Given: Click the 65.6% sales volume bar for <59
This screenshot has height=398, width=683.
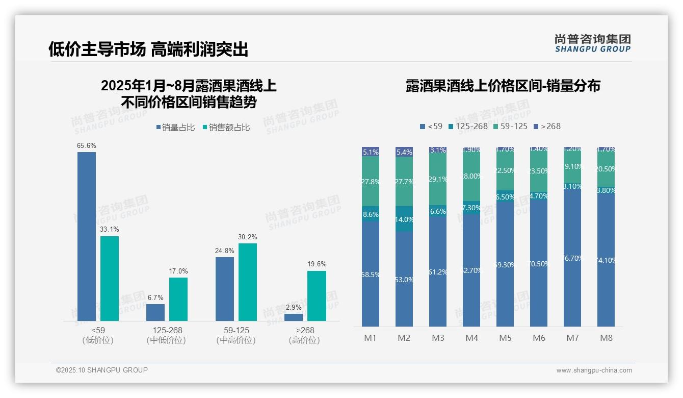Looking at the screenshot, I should tap(87, 236).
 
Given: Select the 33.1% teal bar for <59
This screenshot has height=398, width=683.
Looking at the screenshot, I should tap(110, 278).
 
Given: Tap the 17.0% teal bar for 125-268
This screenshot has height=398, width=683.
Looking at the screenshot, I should tap(178, 299).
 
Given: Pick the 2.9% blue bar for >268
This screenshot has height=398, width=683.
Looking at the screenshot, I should tap(294, 317).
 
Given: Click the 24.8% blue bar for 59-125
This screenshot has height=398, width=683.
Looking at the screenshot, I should tap(225, 289).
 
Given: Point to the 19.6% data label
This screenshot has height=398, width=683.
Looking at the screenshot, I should tap(317, 264).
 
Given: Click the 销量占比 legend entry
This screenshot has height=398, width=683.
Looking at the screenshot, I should tap(175, 128).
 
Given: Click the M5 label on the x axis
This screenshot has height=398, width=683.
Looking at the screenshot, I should tap(505, 338).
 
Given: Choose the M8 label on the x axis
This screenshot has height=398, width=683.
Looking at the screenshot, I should tap(606, 338).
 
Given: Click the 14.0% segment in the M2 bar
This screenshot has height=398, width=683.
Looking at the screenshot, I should tap(404, 219).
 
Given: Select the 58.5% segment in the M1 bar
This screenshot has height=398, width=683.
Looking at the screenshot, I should tap(371, 274).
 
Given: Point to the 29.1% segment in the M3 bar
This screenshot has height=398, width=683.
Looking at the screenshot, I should tap(438, 179).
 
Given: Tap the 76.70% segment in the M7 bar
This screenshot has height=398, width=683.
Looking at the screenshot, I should tap(572, 258).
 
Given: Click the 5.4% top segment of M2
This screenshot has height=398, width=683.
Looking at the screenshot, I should tap(404, 152).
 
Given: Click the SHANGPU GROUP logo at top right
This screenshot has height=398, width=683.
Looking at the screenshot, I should tap(592, 43).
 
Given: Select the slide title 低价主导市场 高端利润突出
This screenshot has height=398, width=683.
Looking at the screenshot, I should tap(148, 49).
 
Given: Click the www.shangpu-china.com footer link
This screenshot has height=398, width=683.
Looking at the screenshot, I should tap(594, 370).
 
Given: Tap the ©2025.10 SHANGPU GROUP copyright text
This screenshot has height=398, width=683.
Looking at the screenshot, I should tap(102, 370).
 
